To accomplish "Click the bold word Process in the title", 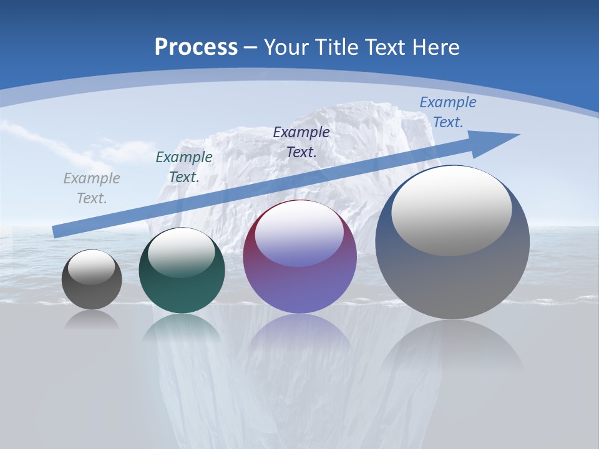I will tap(196, 47).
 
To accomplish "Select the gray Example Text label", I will tap(92, 188).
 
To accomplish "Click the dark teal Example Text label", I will tap(184, 167).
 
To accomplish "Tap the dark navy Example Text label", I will tap(301, 142).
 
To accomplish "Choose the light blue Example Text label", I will tap(447, 112).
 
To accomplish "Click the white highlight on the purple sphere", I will tap(299, 234).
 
